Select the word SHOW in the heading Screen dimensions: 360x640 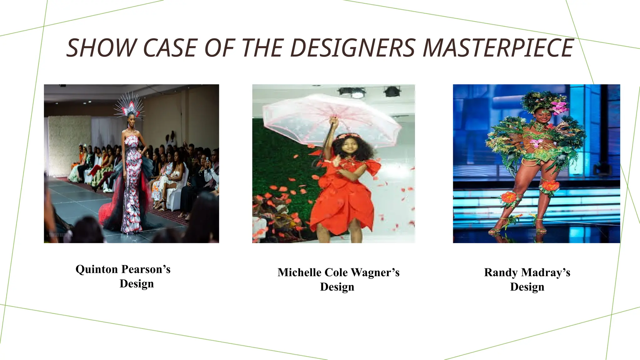pos(101,48)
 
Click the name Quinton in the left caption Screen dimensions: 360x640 pos(97,269)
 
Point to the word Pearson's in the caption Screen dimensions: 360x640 pos(146,269)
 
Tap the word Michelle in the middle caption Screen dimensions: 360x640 pos(299,272)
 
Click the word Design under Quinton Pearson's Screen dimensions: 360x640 pos(137,284)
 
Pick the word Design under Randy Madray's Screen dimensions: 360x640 pos(527,287)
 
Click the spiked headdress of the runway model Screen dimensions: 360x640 pos(129,105)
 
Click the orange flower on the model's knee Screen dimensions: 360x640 pos(551,186)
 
